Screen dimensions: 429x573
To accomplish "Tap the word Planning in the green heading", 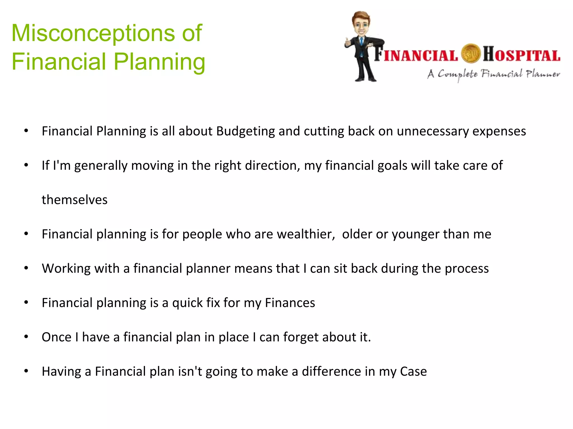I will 159,62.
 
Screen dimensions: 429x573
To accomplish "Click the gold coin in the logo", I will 470,54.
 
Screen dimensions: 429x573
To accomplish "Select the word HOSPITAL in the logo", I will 522,54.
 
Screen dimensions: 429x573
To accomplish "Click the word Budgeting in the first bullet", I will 245,131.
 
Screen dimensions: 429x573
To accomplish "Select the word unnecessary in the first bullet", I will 433,131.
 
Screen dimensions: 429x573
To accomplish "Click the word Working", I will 66,269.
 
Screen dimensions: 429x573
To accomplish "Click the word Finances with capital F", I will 290,303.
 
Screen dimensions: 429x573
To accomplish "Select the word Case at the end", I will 413,371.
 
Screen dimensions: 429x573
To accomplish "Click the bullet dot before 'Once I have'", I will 26,337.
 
